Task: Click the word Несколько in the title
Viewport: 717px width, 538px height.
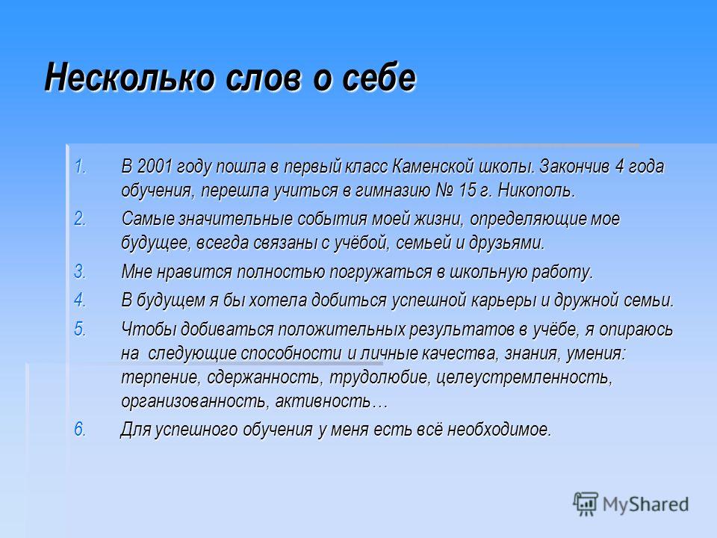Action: [129, 77]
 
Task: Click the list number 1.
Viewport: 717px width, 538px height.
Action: [80, 166]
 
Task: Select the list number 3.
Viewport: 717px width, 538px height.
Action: [80, 271]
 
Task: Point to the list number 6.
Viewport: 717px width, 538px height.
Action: [80, 429]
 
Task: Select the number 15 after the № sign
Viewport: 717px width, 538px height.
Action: [468, 191]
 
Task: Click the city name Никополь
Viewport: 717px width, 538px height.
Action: [536, 191]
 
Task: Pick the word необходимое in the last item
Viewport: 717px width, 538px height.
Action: [500, 430]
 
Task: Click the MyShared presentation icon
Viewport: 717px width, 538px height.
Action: [586, 504]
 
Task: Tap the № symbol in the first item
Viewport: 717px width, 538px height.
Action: [444, 191]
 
